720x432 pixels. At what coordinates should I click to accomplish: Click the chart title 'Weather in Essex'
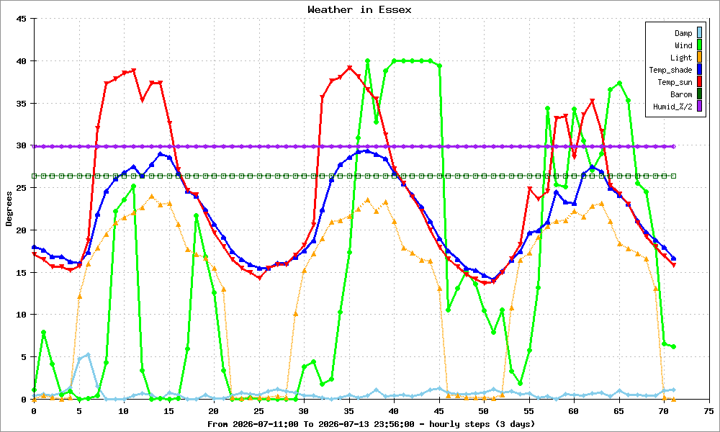[x=359, y=9]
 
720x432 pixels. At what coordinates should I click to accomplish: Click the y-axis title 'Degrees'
[x=9, y=209]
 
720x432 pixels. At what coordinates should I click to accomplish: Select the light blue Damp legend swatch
[x=699, y=32]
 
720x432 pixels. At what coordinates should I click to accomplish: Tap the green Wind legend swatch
[x=699, y=45]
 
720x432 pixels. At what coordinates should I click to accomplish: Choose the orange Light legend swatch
[x=699, y=58]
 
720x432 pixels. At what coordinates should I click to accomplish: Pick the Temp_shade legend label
[x=670, y=70]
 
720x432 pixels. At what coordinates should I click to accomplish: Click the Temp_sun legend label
[x=675, y=82]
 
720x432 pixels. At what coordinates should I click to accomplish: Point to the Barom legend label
[x=681, y=94]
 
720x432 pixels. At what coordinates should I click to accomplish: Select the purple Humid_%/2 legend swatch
[x=699, y=107]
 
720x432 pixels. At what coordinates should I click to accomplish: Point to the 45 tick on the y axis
[x=22, y=19]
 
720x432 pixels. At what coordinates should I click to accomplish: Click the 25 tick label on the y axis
[x=22, y=188]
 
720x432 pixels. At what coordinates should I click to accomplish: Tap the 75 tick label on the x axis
[x=708, y=411]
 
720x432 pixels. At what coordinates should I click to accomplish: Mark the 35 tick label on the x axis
[x=349, y=411]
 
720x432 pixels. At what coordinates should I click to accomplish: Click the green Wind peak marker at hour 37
[x=367, y=60]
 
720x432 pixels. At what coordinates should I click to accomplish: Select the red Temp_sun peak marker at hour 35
[x=349, y=68]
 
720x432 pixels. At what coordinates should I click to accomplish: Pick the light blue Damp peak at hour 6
[x=88, y=355]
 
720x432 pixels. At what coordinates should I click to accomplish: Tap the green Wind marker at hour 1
[x=43, y=332]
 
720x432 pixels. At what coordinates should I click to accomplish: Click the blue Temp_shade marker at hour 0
[x=34, y=247]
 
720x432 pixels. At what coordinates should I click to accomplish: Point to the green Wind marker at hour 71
[x=673, y=346]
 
